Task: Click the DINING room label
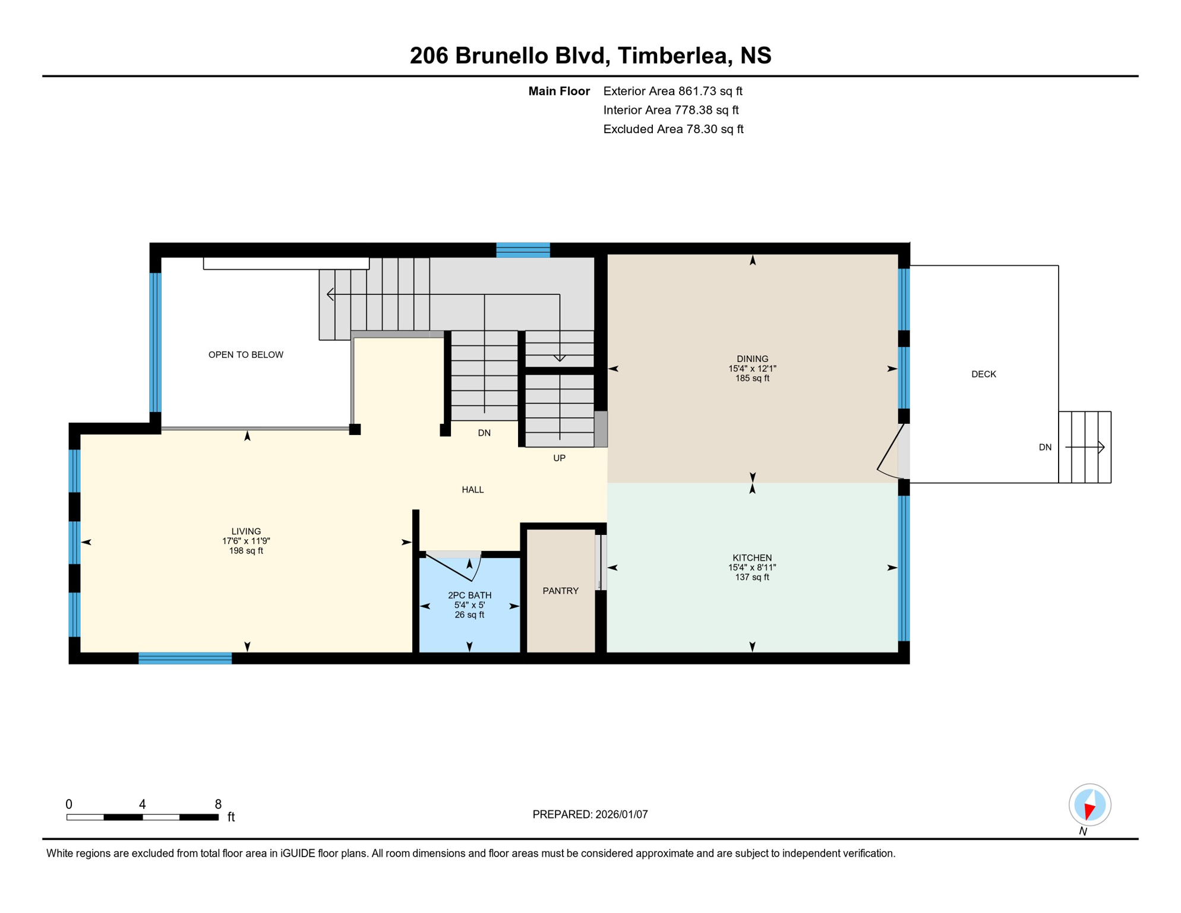[752, 358]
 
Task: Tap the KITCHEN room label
[752, 558]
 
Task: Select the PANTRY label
[560, 591]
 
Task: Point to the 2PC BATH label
[469, 595]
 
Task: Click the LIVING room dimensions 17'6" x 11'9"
[246, 541]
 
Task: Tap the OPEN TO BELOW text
[245, 355]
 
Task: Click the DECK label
[983, 374]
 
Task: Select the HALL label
[472, 490]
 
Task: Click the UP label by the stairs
[559, 458]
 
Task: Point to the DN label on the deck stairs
[1045, 448]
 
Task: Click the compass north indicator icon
[1090, 805]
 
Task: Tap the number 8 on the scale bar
[218, 804]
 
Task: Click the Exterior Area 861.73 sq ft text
[672, 91]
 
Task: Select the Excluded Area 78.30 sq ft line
[673, 129]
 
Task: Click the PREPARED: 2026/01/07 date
[590, 814]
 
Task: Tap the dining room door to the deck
[891, 452]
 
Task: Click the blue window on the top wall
[523, 250]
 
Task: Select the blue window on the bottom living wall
[185, 658]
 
